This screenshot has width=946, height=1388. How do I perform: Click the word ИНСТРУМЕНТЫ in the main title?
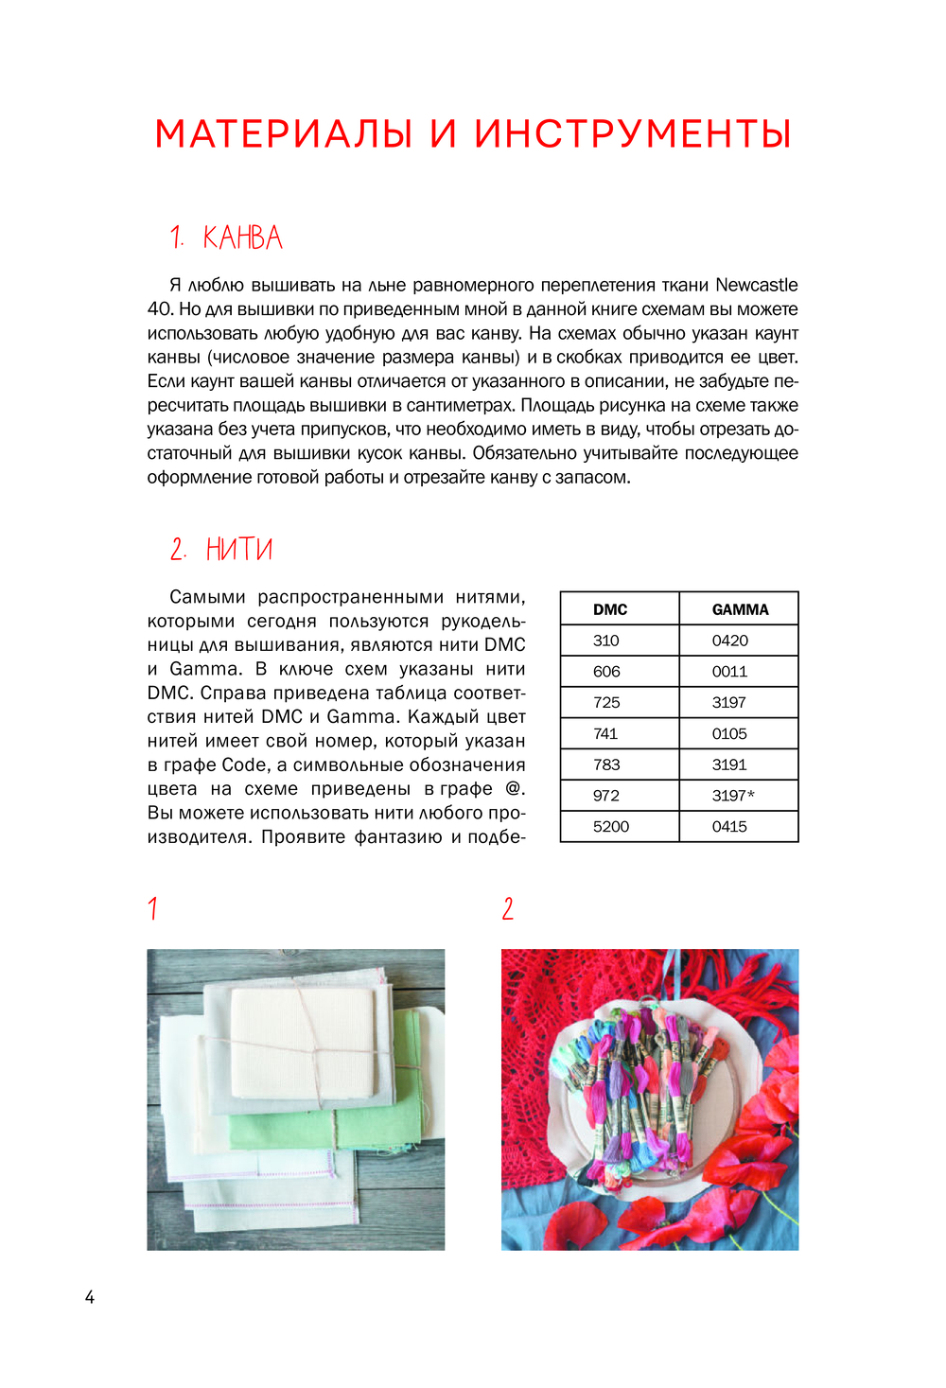point(632,134)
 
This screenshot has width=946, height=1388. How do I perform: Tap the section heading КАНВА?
point(242,237)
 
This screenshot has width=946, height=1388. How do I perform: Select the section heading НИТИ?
point(239,549)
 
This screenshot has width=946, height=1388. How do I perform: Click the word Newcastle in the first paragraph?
point(756,285)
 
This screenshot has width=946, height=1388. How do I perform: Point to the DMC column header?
point(610,609)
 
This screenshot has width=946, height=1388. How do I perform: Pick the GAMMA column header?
point(740,609)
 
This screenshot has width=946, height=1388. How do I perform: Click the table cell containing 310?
point(606,641)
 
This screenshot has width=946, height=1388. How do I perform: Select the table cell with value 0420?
point(729,641)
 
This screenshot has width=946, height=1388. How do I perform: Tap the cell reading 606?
point(606,672)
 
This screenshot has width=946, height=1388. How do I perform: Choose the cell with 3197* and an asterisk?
point(733,796)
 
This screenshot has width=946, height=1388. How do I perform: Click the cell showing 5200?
point(611,827)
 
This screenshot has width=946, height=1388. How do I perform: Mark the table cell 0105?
point(729,733)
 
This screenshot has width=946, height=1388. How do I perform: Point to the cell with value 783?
point(606,764)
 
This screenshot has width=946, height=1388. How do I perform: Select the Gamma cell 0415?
point(729,827)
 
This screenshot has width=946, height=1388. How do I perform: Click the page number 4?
point(90,1297)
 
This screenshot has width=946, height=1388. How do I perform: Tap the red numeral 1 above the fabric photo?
point(152,909)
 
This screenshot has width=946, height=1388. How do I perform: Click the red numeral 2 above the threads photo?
point(508,909)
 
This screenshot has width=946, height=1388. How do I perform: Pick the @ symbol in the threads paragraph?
point(516,789)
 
